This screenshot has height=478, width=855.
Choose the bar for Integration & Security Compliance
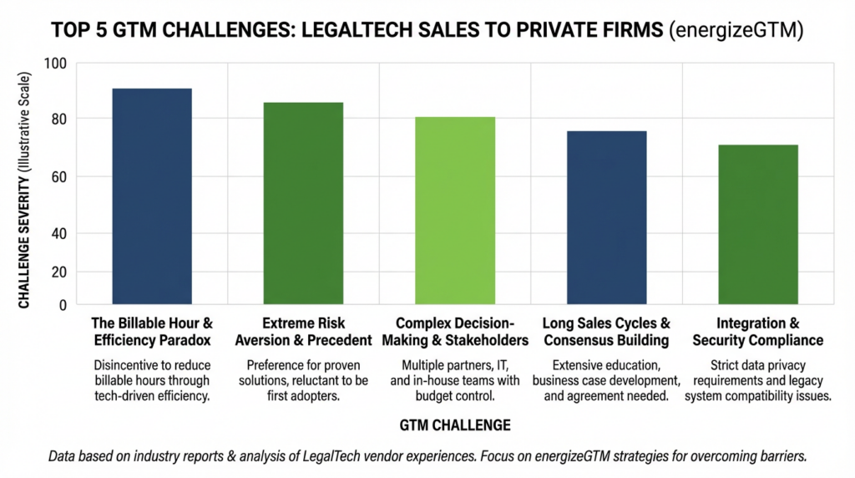[x=758, y=225]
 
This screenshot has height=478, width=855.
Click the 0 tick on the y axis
[x=63, y=305]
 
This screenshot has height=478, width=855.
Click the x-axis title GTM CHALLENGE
[x=455, y=425]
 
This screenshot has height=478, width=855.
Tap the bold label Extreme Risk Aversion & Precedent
[x=303, y=332]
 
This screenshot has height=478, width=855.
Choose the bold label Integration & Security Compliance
[x=757, y=332]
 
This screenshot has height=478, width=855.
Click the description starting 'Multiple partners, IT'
[x=455, y=381]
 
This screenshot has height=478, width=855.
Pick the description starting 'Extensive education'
[x=606, y=381]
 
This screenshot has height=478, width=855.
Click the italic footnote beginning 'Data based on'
[x=427, y=456]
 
